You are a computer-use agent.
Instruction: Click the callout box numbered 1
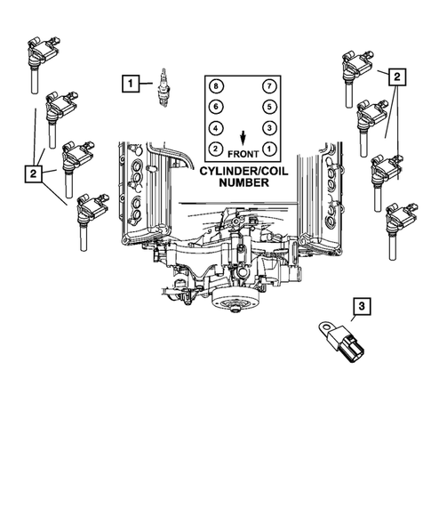132,85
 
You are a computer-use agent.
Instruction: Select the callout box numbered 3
361,307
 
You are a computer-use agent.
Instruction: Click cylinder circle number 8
214,86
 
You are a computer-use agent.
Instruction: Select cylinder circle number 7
268,86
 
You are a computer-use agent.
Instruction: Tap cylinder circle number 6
214,107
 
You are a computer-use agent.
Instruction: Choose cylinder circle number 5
268,107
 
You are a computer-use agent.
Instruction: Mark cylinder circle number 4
214,127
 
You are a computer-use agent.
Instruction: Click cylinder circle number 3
268,127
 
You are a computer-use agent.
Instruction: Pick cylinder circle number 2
214,148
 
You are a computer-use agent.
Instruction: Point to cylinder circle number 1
268,148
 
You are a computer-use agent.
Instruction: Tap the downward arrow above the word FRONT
242,135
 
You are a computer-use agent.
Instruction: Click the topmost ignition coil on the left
41,54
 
